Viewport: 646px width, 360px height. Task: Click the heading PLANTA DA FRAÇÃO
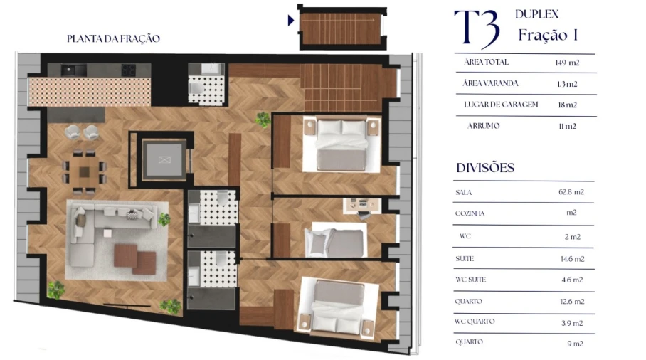(113, 39)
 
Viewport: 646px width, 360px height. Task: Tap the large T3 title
(477, 28)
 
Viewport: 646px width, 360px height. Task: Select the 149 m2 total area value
(567, 63)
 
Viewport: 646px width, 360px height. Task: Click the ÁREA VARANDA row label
(491, 83)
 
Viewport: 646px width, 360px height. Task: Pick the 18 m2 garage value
(567, 105)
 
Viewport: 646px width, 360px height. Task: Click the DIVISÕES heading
(485, 169)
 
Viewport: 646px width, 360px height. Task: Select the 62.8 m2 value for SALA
(570, 192)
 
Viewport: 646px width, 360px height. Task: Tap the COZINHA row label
(470, 213)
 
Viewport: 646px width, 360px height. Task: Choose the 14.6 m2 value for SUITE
(570, 259)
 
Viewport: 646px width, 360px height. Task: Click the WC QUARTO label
(475, 321)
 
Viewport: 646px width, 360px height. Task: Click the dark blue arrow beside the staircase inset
(290, 21)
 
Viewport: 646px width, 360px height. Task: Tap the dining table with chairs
(84, 171)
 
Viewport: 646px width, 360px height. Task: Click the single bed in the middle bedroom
(334, 242)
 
